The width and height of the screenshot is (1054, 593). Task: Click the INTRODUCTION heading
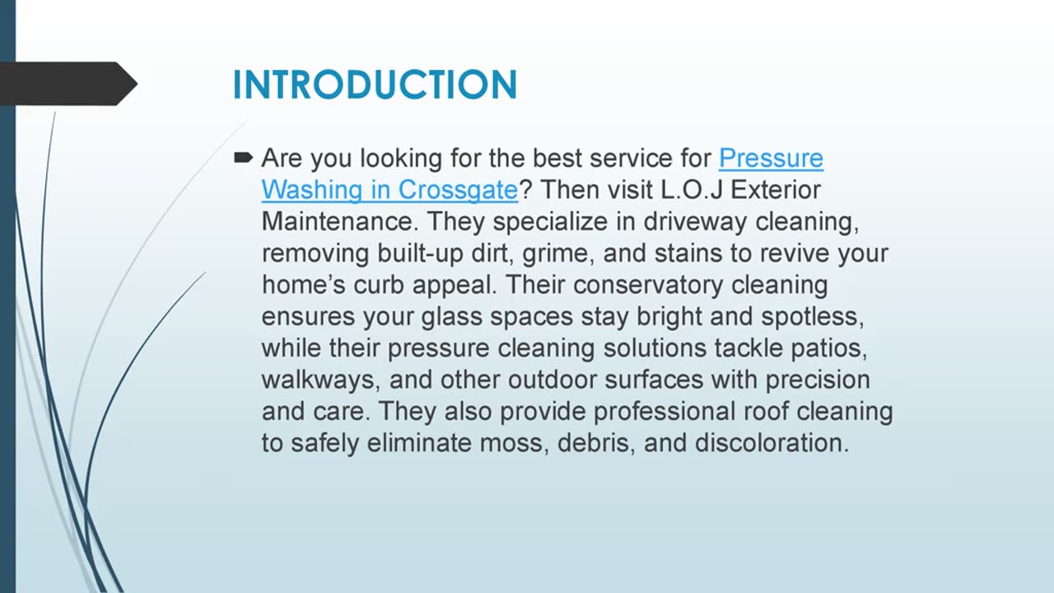click(375, 85)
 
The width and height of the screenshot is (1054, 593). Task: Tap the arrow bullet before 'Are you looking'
click(243, 157)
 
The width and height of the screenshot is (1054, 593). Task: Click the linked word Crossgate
click(458, 190)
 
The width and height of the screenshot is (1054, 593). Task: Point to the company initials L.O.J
click(692, 190)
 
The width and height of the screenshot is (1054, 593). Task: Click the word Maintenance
click(339, 222)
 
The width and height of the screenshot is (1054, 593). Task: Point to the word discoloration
click(772, 443)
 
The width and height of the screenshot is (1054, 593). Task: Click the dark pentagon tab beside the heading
click(66, 83)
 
